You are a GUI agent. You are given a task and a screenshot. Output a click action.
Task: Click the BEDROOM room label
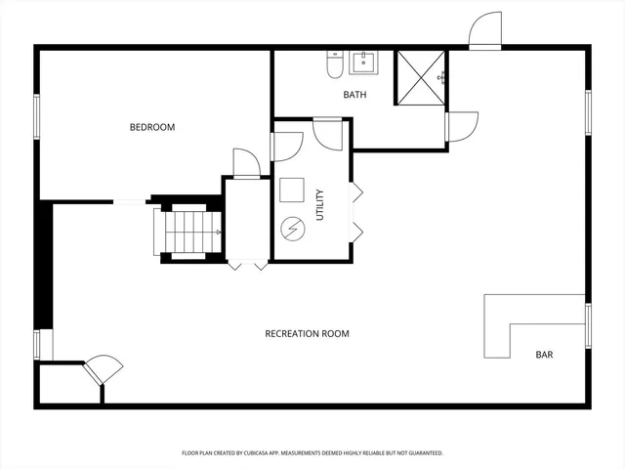(x=152, y=127)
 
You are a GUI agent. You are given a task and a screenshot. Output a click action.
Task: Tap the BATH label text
(x=354, y=95)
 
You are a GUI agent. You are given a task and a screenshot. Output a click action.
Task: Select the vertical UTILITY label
(x=319, y=204)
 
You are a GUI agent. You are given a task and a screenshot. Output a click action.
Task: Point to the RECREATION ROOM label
(x=307, y=334)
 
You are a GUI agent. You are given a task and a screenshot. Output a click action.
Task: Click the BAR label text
(x=544, y=355)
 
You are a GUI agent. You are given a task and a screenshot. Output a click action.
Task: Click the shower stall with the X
(x=419, y=76)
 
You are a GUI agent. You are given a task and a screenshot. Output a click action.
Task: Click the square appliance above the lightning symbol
(x=292, y=190)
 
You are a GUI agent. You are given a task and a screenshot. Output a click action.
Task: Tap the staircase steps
(x=187, y=232)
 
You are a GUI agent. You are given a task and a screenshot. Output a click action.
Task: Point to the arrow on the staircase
(x=217, y=233)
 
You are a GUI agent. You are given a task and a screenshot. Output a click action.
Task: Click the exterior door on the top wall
(x=484, y=31)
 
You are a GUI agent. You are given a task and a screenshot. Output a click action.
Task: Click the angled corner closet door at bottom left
(x=104, y=370)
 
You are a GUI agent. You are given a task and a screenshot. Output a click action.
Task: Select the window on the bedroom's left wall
(x=36, y=116)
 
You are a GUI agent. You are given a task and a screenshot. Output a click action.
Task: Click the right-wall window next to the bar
(x=588, y=325)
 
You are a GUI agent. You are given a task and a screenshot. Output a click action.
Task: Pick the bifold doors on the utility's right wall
(x=355, y=209)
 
